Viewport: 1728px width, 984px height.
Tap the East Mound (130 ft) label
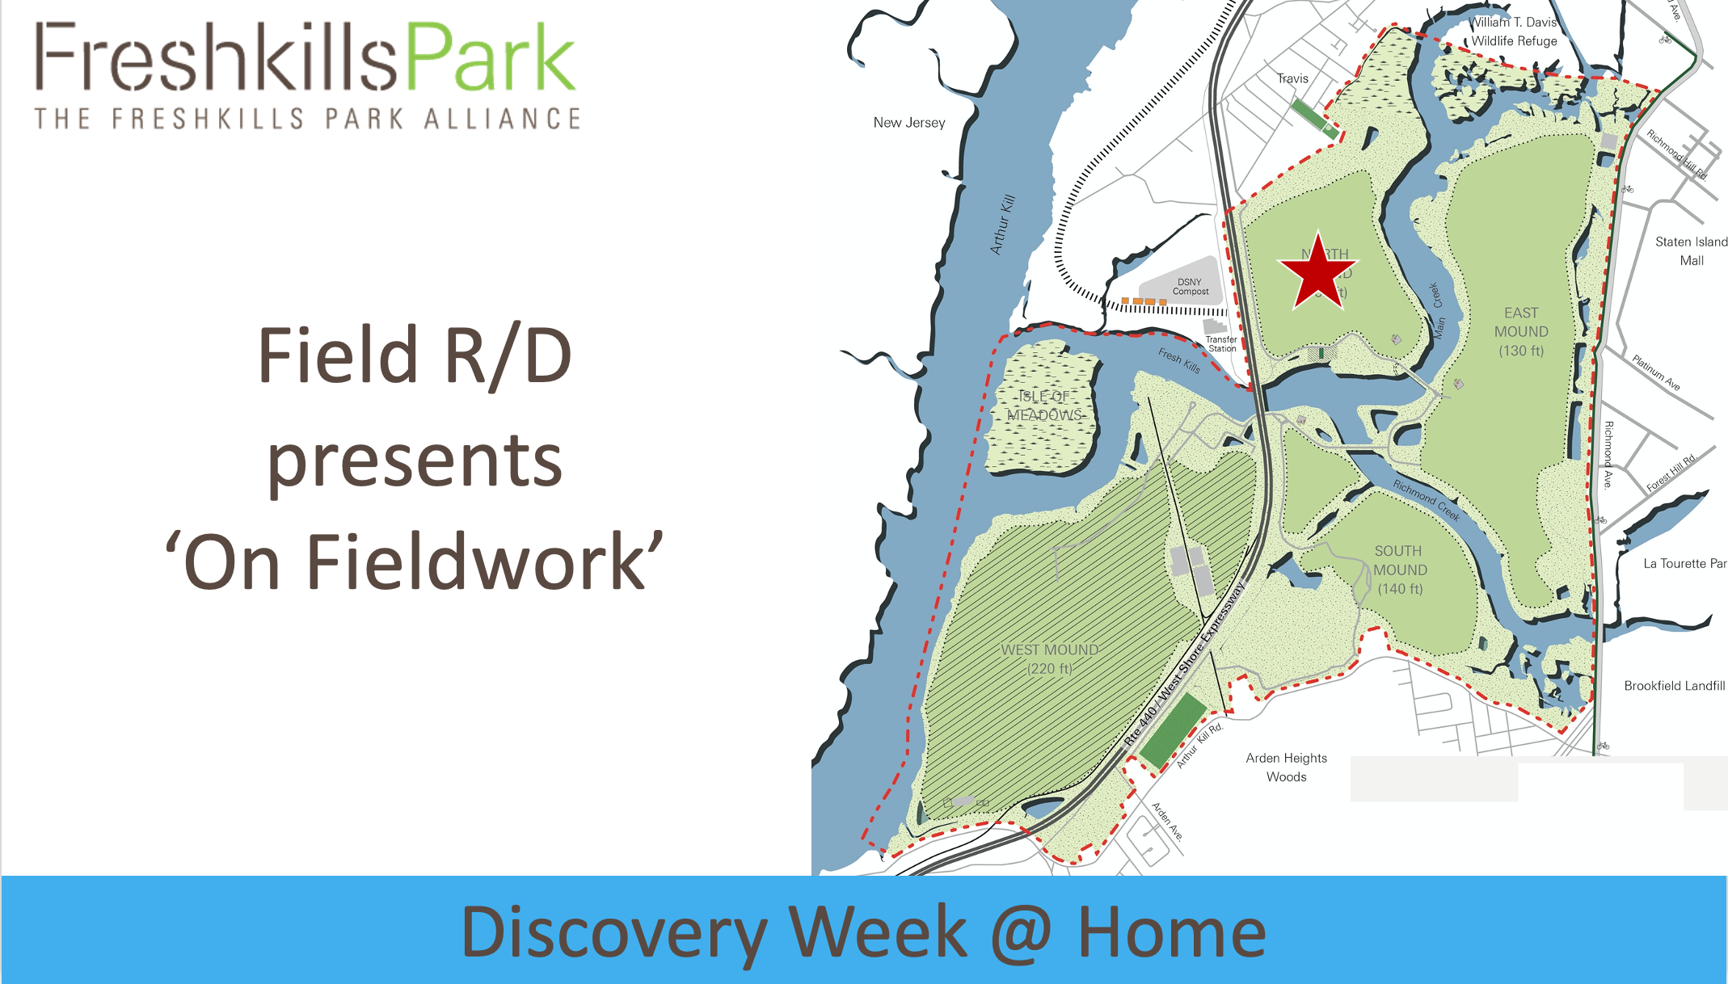(x=1521, y=331)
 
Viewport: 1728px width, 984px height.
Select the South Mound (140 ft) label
(x=1400, y=570)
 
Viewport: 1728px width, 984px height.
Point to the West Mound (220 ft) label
(x=1050, y=659)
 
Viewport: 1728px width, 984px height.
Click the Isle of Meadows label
(x=1044, y=406)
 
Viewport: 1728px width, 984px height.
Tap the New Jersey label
(x=908, y=123)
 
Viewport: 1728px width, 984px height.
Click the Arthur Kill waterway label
(x=1002, y=225)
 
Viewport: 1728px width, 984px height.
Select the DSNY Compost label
(x=1190, y=287)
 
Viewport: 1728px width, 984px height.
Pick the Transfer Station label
(x=1221, y=344)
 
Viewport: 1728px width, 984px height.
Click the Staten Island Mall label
(x=1691, y=250)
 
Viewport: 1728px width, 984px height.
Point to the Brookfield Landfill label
(x=1674, y=686)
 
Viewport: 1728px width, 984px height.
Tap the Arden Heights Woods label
(x=1286, y=767)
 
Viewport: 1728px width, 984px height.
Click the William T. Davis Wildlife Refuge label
(x=1514, y=32)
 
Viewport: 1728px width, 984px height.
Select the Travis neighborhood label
(x=1292, y=78)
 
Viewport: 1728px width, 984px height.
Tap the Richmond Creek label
(x=1427, y=499)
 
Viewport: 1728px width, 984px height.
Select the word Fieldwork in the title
(x=477, y=562)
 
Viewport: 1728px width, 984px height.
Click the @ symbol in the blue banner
(x=1022, y=934)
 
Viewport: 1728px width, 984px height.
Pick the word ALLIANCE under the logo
(x=502, y=119)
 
